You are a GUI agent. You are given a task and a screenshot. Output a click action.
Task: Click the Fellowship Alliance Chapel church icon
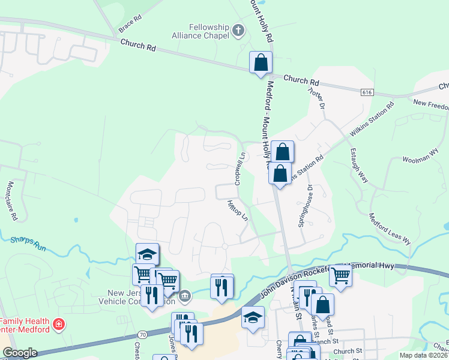pos(238,30)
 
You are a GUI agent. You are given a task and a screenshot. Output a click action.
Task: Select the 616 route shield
pos(367,92)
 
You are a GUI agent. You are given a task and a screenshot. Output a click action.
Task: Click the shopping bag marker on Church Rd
pos(261,62)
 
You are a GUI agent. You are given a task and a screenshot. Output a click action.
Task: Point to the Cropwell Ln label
pos(240,168)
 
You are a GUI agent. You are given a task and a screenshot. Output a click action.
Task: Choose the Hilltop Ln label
pos(238,211)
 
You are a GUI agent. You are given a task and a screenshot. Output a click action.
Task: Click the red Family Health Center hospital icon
pos(58,325)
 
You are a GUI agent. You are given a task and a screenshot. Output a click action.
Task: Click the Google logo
pos(20,353)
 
